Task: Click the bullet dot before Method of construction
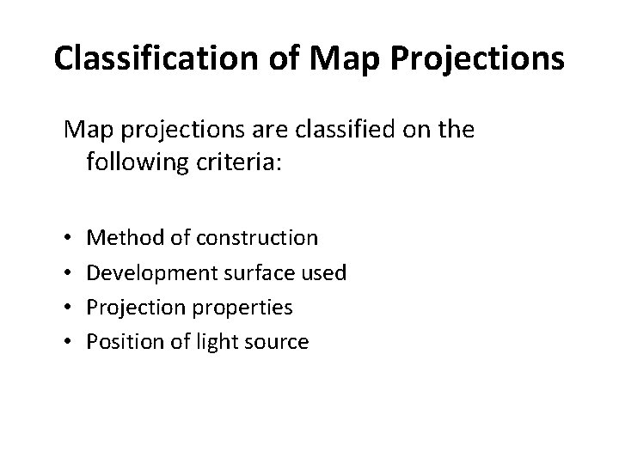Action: (x=68, y=237)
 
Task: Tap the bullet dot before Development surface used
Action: (x=68, y=272)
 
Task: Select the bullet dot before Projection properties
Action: (x=68, y=307)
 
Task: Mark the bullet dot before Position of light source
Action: (x=68, y=342)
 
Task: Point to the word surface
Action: (x=255, y=272)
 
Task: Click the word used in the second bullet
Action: (x=326, y=272)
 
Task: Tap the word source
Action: (x=277, y=341)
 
